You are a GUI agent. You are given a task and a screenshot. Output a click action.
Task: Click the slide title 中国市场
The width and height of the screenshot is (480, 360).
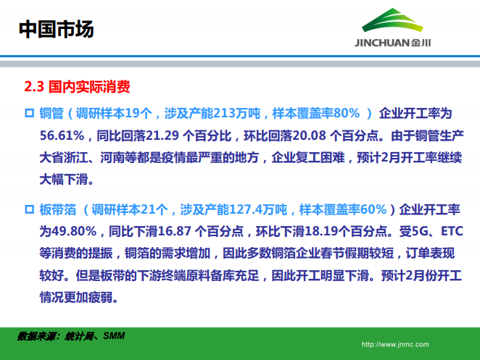(x=55, y=30)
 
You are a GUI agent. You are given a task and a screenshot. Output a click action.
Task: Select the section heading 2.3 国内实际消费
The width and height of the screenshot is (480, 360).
(x=77, y=88)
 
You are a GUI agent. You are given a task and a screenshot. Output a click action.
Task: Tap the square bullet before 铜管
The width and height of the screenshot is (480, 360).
(x=30, y=113)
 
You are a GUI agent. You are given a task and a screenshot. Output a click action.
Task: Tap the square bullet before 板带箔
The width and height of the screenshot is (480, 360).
(x=30, y=210)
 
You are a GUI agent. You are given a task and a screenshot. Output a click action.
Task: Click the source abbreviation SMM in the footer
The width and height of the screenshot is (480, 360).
(x=114, y=336)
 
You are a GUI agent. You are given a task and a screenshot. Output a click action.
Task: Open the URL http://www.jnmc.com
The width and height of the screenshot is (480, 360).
(x=394, y=345)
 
